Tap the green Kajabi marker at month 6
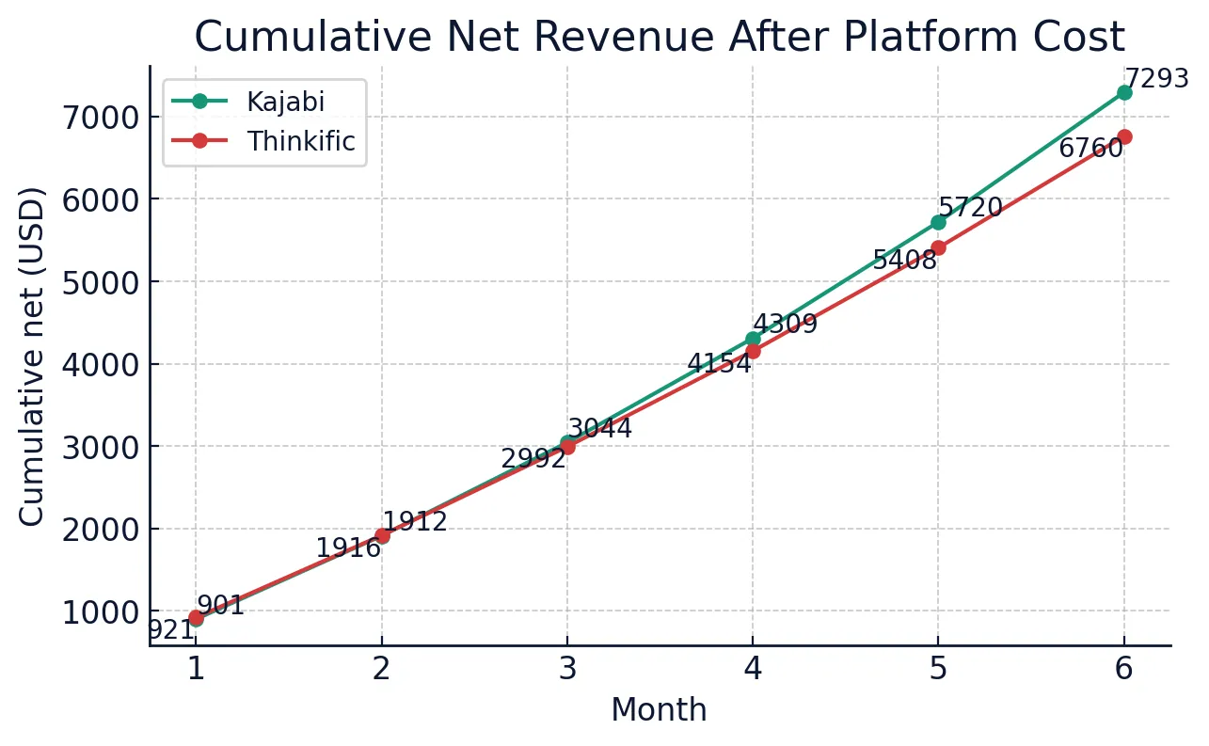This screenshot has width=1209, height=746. [1123, 92]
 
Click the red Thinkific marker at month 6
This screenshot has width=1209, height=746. [1123, 136]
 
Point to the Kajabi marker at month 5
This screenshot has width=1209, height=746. [938, 222]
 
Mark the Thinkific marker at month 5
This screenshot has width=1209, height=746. [938, 247]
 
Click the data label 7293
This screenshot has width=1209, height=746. [1157, 79]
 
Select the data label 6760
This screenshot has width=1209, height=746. [1090, 149]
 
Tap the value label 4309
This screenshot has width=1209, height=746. [786, 325]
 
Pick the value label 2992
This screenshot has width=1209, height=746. [533, 459]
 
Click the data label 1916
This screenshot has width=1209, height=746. [348, 548]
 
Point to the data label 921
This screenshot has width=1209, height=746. [171, 630]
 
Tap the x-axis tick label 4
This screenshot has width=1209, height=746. [753, 669]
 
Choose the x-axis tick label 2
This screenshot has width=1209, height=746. [381, 669]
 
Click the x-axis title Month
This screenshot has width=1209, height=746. [659, 710]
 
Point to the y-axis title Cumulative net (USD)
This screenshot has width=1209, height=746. [32, 357]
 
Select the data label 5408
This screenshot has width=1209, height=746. [904, 261]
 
